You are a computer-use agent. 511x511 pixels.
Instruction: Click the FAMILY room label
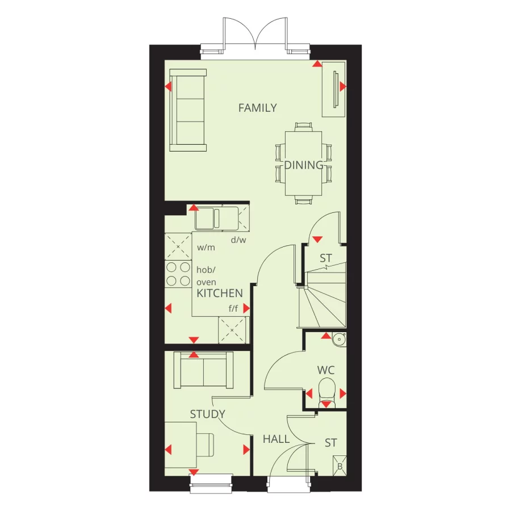tap(257, 108)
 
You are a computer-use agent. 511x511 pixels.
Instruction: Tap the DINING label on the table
tap(304, 165)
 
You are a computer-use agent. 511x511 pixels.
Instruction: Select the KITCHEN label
tap(219, 294)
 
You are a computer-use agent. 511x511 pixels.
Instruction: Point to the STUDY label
tap(207, 414)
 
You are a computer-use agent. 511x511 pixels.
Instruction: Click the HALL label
tap(276, 439)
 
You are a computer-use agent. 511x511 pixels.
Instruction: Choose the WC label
tap(326, 370)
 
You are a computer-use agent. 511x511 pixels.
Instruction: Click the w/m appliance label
tap(206, 248)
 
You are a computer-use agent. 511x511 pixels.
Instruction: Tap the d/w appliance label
tap(238, 240)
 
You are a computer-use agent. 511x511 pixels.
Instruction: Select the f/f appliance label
tap(233, 309)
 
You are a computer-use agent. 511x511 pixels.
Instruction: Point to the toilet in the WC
tap(326, 392)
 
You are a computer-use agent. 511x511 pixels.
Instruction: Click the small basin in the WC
tap(339, 339)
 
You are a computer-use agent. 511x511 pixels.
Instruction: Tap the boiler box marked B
tap(340, 464)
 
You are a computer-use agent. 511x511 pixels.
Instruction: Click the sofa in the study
tap(203, 370)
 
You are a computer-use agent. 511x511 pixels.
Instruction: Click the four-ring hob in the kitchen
tap(178, 273)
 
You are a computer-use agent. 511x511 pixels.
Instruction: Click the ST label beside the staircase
tap(325, 258)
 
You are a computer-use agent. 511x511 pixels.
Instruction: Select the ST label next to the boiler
tap(330, 443)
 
